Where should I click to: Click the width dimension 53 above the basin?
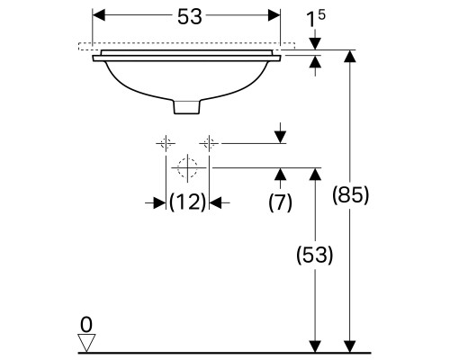click(x=190, y=16)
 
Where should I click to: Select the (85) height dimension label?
click(x=350, y=195)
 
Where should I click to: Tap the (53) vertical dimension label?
click(x=315, y=255)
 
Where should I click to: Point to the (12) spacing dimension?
click(x=188, y=202)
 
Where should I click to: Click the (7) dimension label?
click(x=280, y=202)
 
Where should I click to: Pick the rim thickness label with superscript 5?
click(x=316, y=19)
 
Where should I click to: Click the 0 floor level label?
click(x=86, y=325)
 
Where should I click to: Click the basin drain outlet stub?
click(x=186, y=107)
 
